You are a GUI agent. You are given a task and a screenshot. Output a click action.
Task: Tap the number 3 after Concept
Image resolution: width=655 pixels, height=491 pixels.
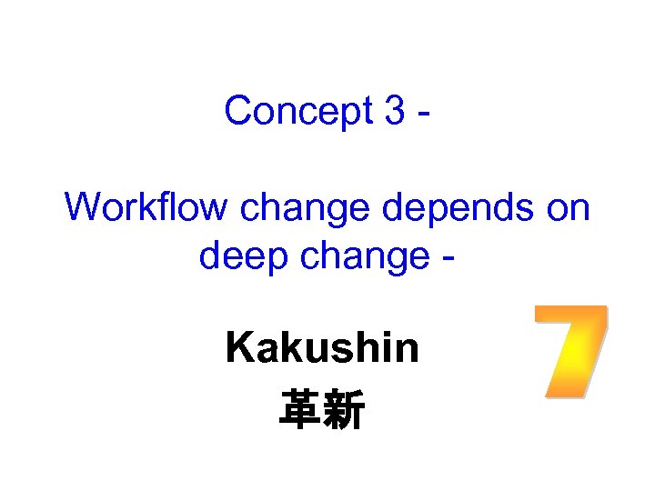(395, 111)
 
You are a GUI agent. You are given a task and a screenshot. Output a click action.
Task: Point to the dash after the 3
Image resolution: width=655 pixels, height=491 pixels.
(423, 115)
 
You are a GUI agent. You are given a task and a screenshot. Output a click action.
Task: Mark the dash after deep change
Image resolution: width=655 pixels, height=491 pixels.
(449, 260)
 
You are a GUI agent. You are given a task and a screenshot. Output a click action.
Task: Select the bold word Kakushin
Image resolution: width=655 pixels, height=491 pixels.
(323, 347)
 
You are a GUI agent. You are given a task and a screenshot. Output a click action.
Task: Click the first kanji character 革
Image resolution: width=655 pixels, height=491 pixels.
(299, 410)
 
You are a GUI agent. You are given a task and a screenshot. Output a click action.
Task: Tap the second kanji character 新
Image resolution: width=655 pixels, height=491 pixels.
(345, 410)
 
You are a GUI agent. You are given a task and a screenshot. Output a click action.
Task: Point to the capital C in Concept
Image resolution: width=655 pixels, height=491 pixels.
(237, 111)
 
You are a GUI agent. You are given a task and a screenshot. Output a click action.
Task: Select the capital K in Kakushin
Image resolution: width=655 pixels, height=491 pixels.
(239, 347)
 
